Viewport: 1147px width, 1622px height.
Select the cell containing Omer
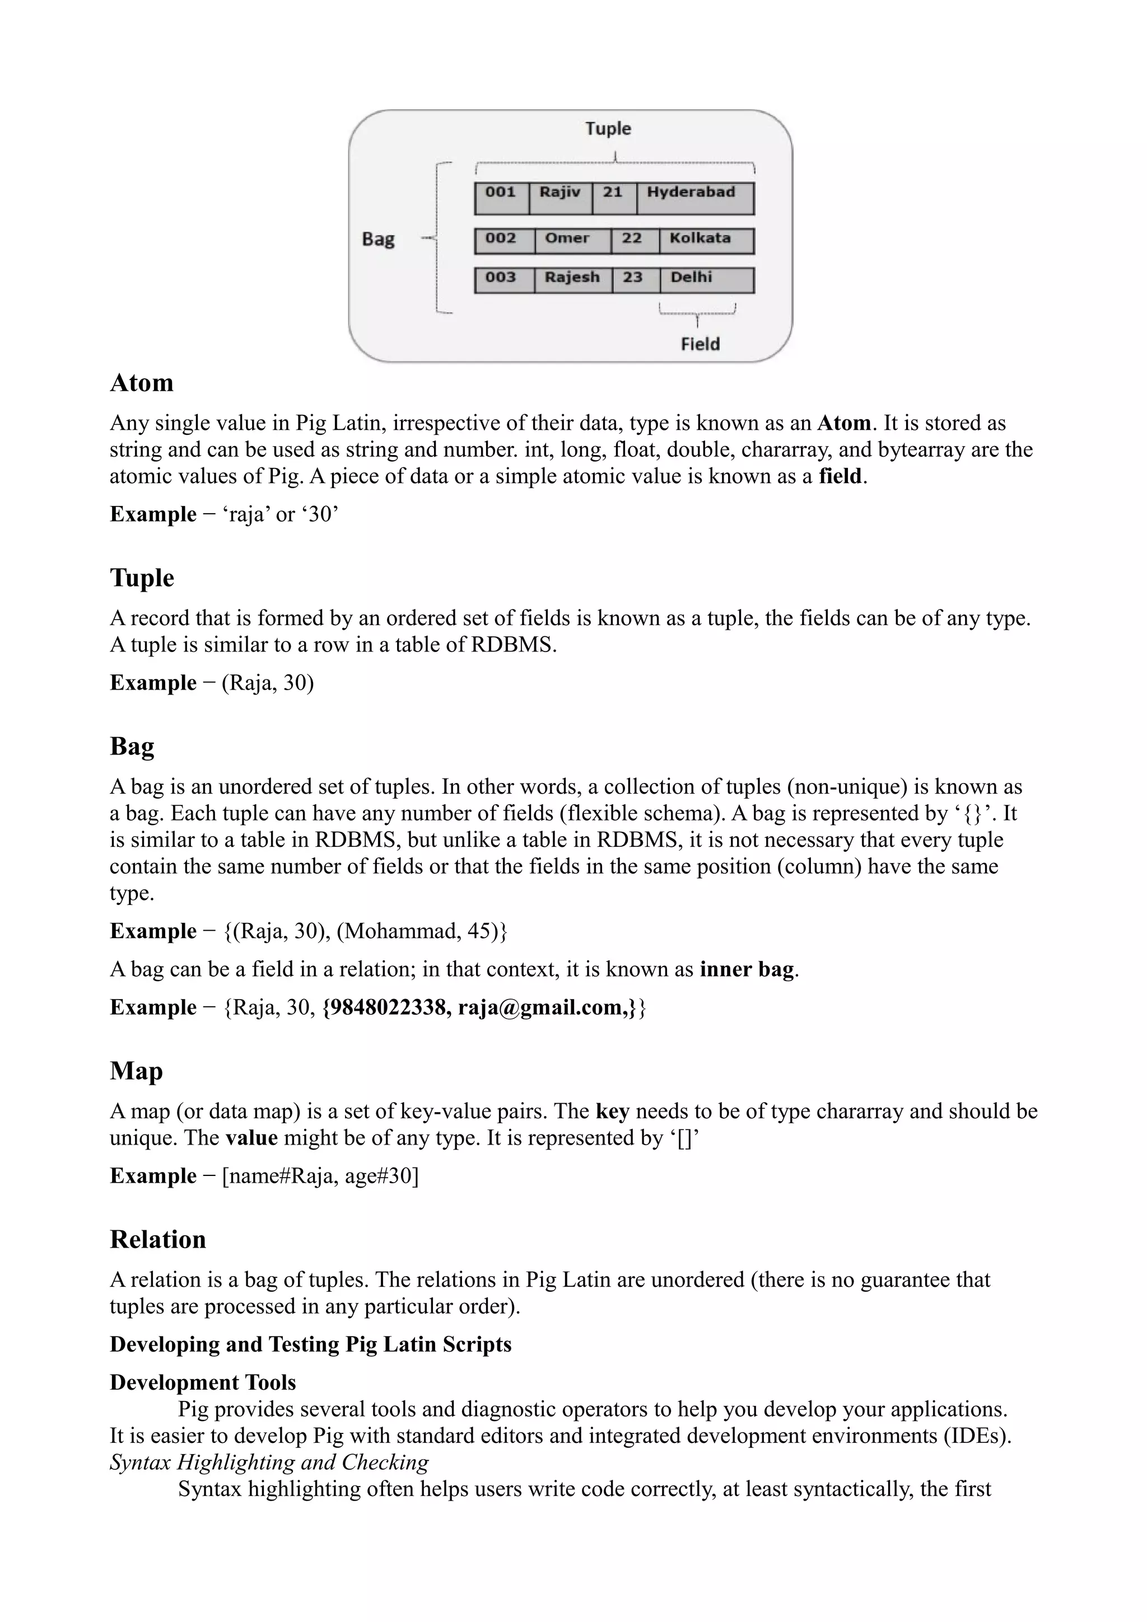click(572, 240)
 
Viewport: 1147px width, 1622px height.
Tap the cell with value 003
click(503, 280)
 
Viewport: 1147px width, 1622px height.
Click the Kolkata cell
click(705, 240)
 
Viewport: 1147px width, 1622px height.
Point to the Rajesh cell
click(572, 280)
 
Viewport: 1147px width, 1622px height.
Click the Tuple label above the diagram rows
click(608, 129)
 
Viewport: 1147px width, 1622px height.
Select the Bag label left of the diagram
click(378, 239)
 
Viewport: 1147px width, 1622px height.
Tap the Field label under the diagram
click(700, 344)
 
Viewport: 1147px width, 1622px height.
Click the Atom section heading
click(141, 383)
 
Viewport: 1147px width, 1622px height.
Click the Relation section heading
click(157, 1239)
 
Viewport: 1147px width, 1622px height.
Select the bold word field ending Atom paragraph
click(840, 476)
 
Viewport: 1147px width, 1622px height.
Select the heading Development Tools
click(203, 1382)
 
